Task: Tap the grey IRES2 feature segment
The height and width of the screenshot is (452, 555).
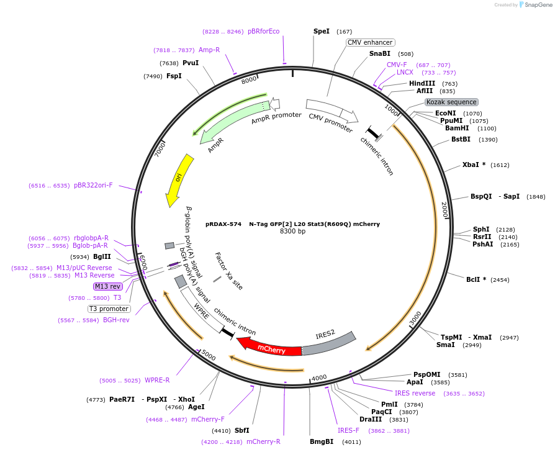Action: coord(329,344)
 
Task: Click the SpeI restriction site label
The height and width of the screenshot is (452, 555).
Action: coord(322,31)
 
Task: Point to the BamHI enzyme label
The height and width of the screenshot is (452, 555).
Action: coord(457,128)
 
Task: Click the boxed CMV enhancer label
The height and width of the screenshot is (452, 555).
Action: coord(370,42)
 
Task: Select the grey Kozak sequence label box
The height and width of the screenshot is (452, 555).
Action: coord(451,102)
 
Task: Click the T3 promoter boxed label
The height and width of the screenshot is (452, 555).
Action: coord(109,309)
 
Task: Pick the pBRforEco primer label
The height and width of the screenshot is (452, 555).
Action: coord(263,31)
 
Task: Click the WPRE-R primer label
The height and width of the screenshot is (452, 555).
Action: coord(157,380)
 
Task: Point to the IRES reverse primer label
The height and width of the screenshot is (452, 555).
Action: coord(415,393)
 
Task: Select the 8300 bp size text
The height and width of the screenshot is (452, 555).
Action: coord(292,232)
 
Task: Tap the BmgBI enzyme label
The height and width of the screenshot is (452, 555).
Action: coord(322,441)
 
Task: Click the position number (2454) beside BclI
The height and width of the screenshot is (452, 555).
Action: coord(500,280)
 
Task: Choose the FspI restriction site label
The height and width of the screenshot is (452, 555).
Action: coord(174,76)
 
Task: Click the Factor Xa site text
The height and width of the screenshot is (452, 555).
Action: coord(228,271)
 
